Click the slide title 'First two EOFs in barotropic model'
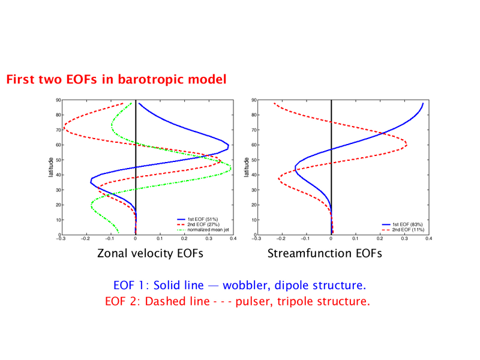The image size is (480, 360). (116, 79)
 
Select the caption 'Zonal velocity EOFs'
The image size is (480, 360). (150, 253)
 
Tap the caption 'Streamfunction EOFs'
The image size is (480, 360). (325, 253)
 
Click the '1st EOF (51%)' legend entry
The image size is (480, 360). (197, 219)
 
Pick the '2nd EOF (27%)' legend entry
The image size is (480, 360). (198, 224)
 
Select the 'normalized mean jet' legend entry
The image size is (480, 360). (203, 230)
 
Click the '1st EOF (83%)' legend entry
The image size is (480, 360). (402, 224)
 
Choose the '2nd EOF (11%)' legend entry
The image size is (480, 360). (403, 230)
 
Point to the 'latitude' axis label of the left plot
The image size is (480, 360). (51, 167)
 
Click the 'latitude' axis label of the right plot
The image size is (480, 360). (247, 167)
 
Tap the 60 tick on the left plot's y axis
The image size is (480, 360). (58, 145)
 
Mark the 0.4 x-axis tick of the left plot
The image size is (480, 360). (233, 238)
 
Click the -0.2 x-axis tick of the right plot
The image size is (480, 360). (281, 238)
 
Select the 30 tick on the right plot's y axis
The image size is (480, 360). (254, 190)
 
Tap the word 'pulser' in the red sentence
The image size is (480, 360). (254, 302)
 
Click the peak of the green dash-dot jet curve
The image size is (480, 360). (231, 168)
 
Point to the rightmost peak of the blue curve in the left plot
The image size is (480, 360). (229, 145)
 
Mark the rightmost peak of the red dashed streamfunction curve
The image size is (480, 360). (407, 144)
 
